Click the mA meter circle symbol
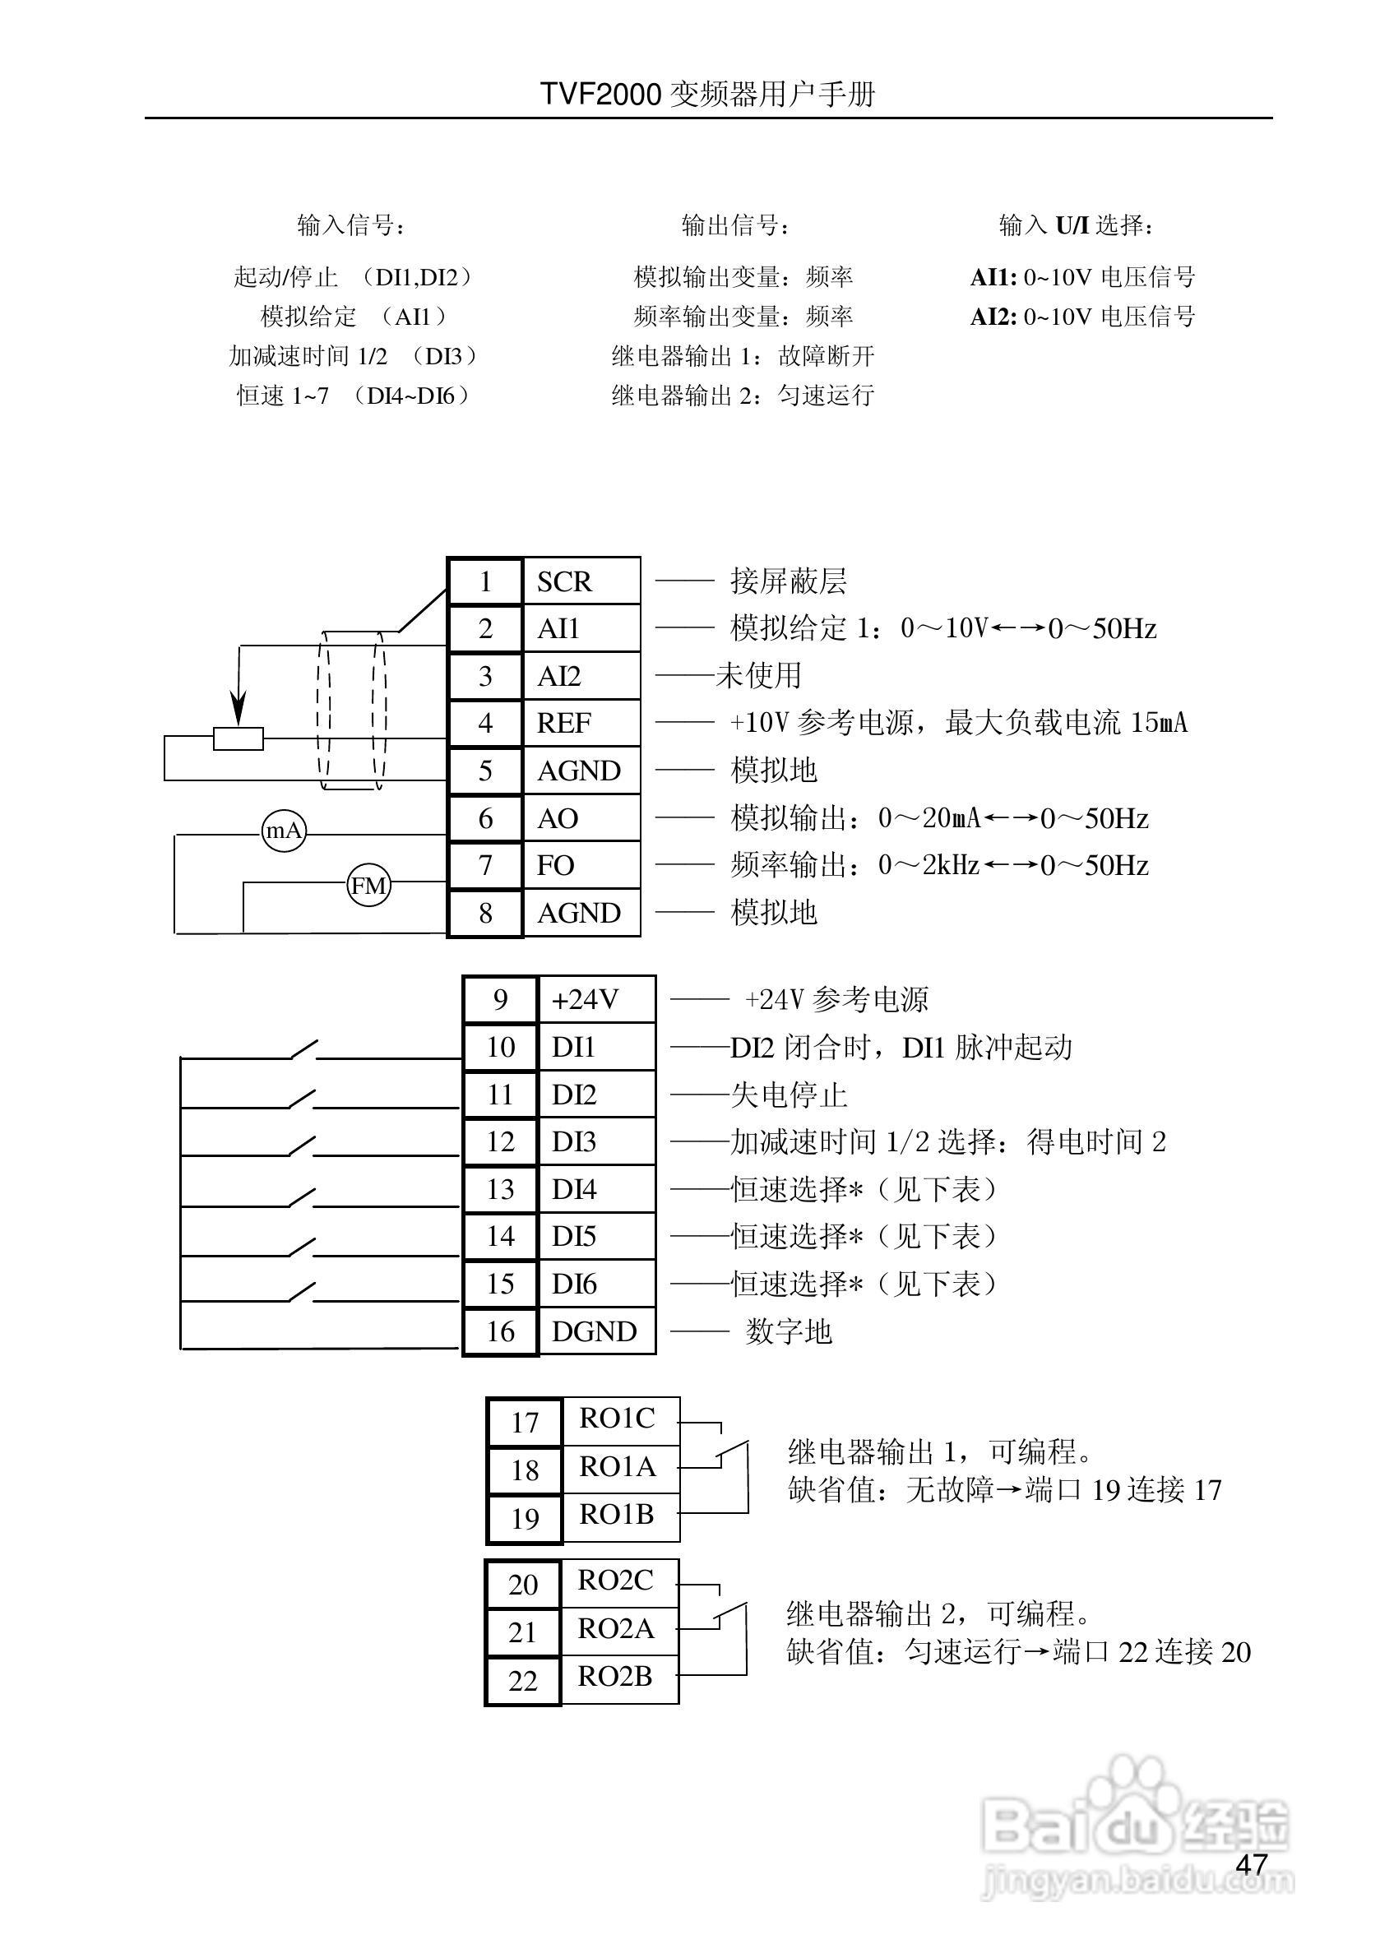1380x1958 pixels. pos(284,831)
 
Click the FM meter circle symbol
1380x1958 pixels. pos(368,885)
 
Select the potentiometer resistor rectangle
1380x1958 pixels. pos(238,738)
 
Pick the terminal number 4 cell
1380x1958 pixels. pos(485,723)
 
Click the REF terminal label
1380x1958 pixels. pos(564,723)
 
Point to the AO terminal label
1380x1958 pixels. pos(558,819)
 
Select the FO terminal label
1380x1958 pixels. pos(555,866)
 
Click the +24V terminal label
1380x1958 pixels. pos(585,999)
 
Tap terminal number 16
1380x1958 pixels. pos(501,1331)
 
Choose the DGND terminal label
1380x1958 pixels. pos(595,1331)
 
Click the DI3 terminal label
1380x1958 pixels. pos(574,1142)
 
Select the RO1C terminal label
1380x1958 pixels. pos(618,1419)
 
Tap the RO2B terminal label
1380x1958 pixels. pos(616,1677)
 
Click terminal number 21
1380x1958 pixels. pos(522,1632)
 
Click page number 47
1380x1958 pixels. pos(1251,1864)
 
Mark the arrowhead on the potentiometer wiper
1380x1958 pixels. pos(238,707)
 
